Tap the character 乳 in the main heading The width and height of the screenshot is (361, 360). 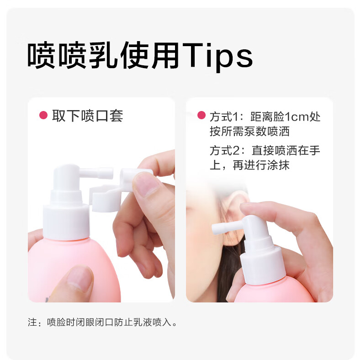coord(104,56)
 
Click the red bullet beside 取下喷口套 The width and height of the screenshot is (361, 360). coord(43,115)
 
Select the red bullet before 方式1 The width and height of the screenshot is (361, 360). coord(202,115)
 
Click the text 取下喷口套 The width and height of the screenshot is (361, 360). coord(87,116)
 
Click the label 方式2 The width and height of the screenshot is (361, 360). coord(225,151)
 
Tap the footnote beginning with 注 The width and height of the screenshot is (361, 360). coord(103,322)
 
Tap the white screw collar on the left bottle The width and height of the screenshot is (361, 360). coord(66,222)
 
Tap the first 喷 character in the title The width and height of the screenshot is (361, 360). coord(42,55)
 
